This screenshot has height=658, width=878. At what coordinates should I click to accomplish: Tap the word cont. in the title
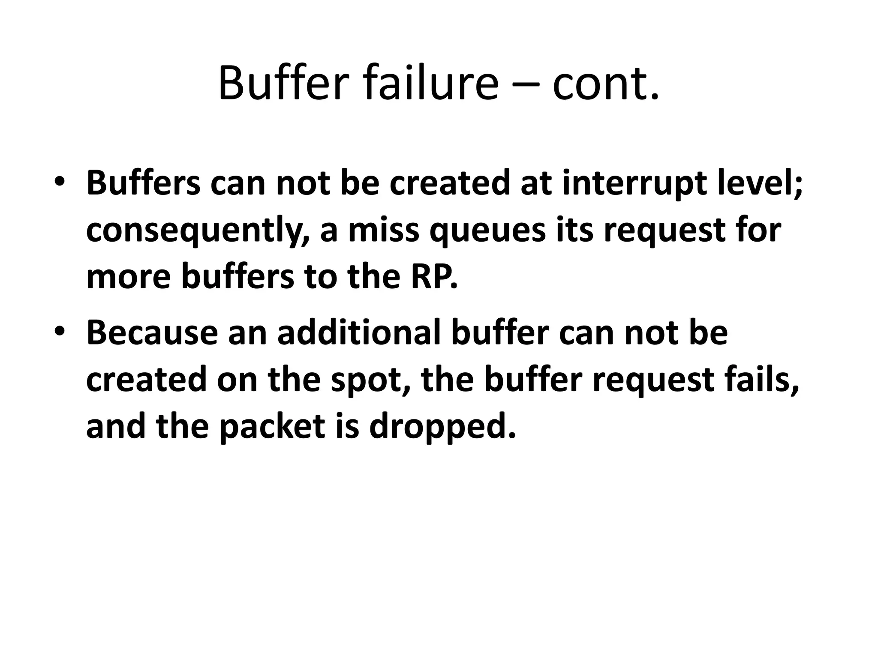605,83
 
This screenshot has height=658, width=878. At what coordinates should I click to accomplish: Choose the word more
129,278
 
